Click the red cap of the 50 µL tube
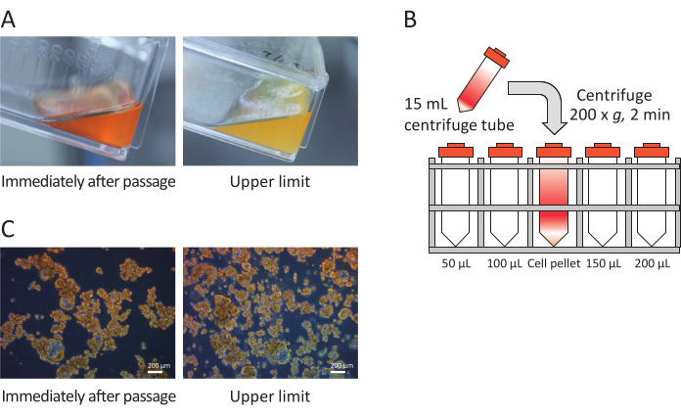point(455,151)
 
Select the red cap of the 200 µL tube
point(652,151)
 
